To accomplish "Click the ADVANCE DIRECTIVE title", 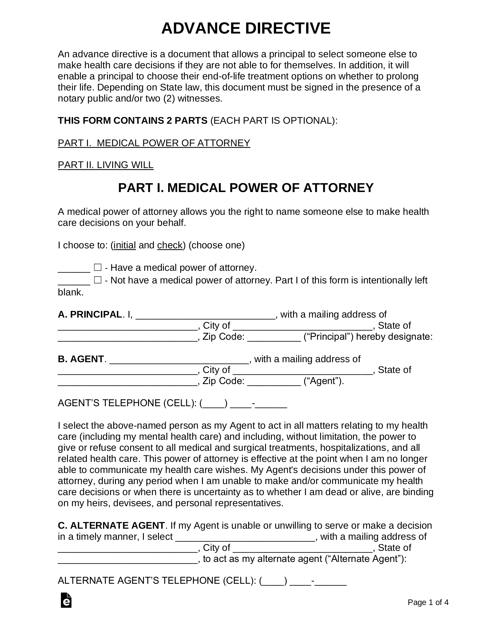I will (246, 28).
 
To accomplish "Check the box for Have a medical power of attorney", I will (97, 267).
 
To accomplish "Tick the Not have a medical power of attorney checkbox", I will (97, 280).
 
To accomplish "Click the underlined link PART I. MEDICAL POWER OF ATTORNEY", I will (154, 143).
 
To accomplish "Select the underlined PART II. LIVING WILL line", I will (105, 165).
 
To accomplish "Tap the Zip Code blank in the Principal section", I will (274, 337).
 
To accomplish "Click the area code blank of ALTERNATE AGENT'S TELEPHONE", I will (273, 581).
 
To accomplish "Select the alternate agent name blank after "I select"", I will (245, 537).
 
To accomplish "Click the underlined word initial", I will (125, 245).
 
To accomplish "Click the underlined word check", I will (170, 245).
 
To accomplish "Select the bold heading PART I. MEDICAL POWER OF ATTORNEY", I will (246, 188).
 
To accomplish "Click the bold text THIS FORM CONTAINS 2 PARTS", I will (133, 121).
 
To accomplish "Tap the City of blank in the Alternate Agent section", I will (303, 548).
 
